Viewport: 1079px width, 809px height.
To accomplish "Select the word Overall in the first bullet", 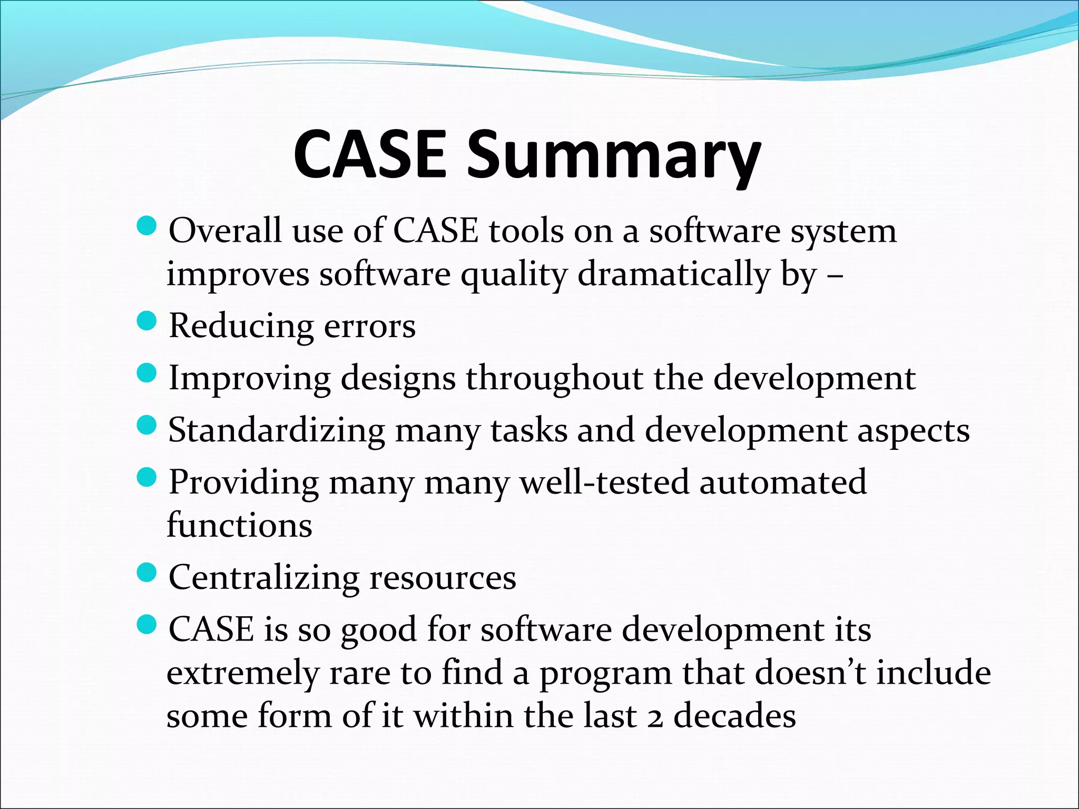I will point(225,231).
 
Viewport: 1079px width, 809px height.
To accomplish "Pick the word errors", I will point(369,326).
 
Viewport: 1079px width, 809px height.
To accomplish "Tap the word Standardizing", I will point(277,431).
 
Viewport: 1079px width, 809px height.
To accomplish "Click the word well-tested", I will point(604,482).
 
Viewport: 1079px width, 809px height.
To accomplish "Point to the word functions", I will point(239,526).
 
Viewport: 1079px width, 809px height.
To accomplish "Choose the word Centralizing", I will point(263,578).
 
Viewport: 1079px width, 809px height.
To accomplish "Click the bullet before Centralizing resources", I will point(146,573).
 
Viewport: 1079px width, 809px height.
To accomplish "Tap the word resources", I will point(443,578).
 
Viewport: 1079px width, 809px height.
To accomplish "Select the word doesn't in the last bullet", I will point(810,673).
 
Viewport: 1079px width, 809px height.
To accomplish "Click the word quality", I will point(514,275).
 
